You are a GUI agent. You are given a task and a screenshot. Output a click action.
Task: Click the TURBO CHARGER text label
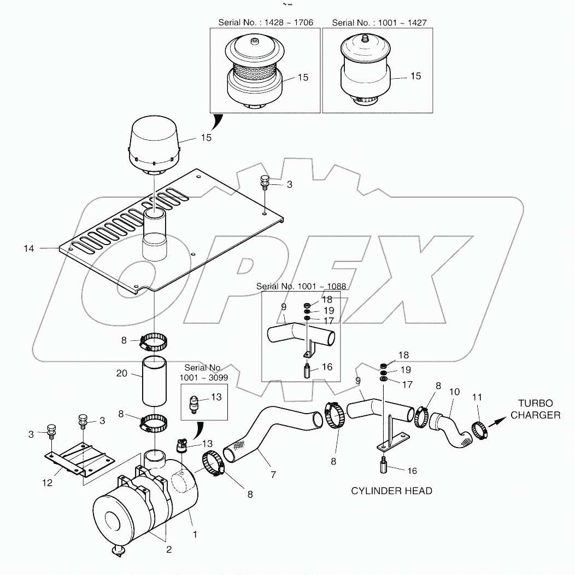pos(535,409)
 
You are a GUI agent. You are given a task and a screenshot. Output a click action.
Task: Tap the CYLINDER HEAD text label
pos(391,491)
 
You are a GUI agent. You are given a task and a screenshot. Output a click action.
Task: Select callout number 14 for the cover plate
pos(29,249)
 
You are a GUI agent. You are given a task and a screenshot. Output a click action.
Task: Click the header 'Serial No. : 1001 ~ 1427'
pos(379,22)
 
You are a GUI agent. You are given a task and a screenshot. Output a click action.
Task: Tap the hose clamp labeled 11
pos(479,432)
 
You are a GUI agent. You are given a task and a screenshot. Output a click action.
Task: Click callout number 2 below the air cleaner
pos(169,550)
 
